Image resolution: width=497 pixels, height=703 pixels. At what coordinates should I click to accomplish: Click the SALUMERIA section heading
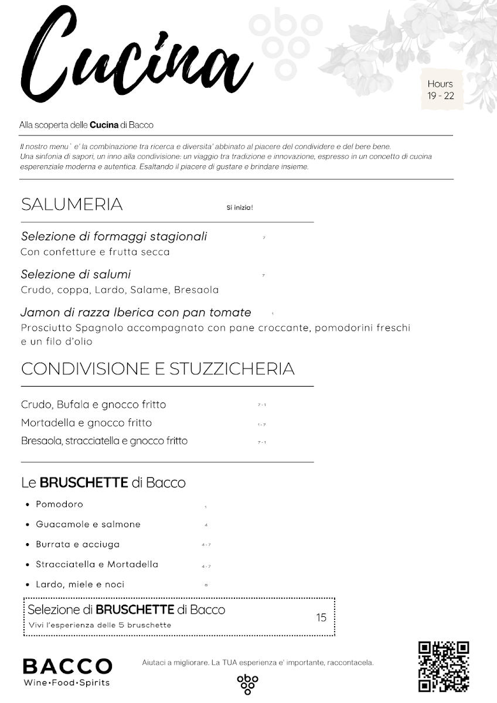point(72,204)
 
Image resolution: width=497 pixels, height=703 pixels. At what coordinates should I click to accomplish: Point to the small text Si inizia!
point(240,207)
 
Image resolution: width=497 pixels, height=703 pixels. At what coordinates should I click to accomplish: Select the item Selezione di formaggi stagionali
point(114,237)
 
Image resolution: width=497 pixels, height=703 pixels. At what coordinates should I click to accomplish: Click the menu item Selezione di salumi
point(76,274)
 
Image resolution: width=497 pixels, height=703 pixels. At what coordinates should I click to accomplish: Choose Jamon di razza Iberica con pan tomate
point(136,312)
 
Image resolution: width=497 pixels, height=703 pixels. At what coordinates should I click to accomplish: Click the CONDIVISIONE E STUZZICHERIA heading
point(158,369)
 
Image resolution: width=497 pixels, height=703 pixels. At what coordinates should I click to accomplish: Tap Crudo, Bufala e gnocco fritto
point(93,405)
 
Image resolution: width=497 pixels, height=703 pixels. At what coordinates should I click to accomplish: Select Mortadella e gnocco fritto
point(86,423)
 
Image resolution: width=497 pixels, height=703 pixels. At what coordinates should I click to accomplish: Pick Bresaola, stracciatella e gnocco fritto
point(104,441)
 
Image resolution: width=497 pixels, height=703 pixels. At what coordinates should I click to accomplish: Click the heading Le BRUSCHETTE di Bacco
point(103,483)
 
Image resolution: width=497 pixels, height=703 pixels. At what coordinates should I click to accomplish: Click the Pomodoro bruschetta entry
point(59,504)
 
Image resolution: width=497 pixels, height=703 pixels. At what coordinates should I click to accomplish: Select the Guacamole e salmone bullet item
point(88,524)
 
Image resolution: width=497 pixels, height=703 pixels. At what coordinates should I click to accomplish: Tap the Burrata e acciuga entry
point(77,544)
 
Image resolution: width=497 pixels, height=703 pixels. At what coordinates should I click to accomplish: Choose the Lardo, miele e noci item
point(80,584)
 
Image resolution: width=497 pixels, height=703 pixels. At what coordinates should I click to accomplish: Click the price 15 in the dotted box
point(321,617)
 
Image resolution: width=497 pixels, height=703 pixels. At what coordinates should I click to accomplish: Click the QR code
point(444,666)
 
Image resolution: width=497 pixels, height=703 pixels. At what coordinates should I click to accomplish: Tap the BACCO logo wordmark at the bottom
point(67,666)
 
